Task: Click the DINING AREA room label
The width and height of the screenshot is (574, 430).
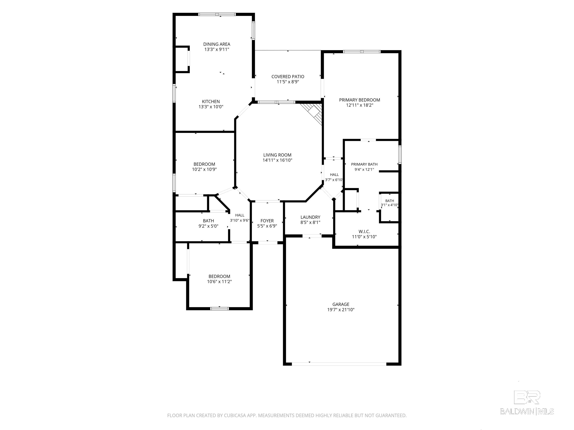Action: point(217,44)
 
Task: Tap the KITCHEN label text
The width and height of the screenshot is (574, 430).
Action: point(211,102)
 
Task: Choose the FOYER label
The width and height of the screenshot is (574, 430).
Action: point(267,221)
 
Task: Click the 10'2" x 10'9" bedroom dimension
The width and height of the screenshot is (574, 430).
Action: point(204,169)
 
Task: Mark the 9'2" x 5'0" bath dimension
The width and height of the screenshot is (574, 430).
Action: point(208,226)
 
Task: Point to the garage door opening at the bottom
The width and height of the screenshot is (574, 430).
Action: point(339,364)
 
